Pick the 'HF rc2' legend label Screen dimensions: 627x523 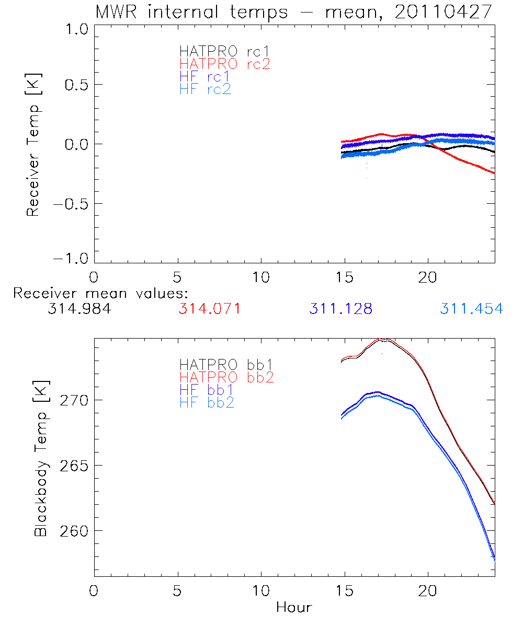(205, 89)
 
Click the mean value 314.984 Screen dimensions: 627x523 (79, 309)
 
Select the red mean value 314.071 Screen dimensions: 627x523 (210, 309)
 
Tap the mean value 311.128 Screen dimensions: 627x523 (341, 309)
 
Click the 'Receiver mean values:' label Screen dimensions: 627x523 (100, 293)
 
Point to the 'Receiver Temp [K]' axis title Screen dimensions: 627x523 (33, 145)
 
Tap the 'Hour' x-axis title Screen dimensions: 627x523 (294, 607)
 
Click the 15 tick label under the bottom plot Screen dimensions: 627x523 (344, 591)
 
